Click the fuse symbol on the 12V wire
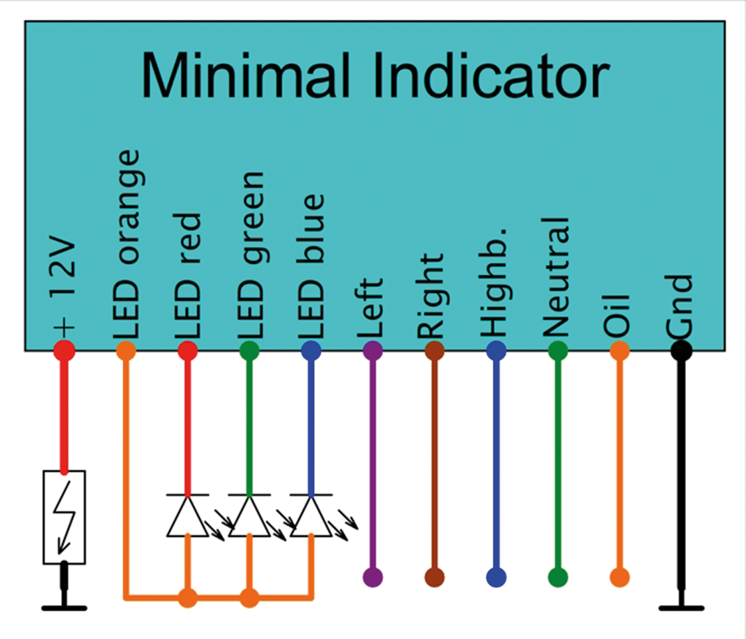(64, 517)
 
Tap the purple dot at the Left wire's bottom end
(373, 577)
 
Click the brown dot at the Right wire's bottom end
(435, 577)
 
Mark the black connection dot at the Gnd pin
(681, 350)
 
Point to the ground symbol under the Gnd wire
(681, 607)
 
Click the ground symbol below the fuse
(64, 606)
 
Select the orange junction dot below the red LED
(188, 597)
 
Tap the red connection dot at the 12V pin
(65, 350)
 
